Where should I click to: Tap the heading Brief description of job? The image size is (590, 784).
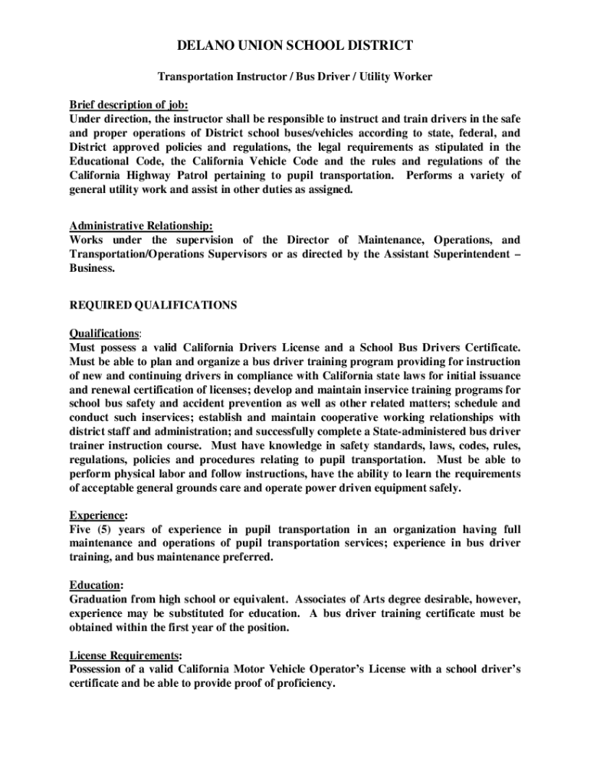(129, 105)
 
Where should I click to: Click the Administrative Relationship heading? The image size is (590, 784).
(141, 226)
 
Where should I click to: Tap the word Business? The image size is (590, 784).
(92, 269)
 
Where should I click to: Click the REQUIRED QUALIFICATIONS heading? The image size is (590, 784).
(153, 305)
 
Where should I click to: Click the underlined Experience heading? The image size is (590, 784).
(97, 514)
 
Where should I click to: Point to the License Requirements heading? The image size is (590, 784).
(125, 655)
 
